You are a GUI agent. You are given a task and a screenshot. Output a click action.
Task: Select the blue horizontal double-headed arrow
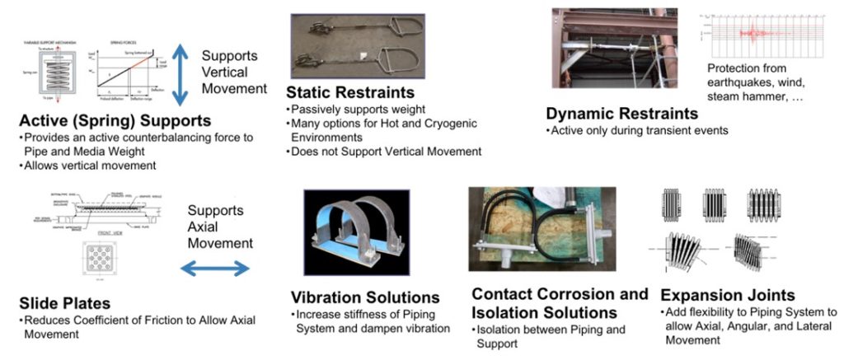(216, 268)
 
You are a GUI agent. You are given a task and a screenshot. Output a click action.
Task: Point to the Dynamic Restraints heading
(621, 114)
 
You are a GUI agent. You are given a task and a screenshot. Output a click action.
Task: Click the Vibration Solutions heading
(365, 297)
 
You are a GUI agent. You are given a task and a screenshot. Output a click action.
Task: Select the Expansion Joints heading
(728, 295)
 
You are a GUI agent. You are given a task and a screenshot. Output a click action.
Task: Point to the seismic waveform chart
(762, 33)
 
